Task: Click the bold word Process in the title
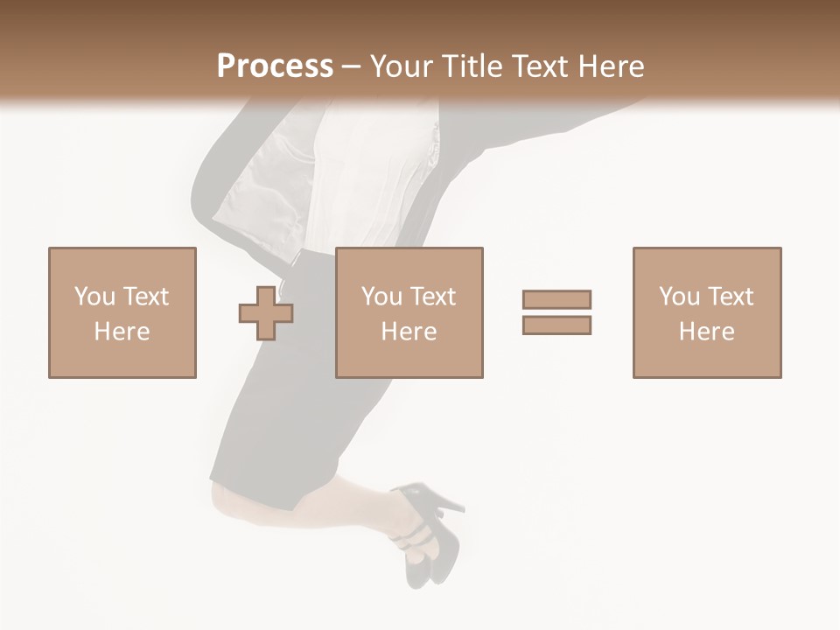[275, 66]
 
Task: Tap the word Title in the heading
[471, 66]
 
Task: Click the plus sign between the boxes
[266, 312]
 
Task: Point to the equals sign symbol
[556, 312]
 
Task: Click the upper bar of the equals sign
[556, 300]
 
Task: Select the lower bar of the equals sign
[556, 325]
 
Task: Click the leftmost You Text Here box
[122, 312]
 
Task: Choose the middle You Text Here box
[409, 312]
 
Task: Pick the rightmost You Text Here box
[706, 312]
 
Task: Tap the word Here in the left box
[122, 332]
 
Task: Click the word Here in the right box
[706, 332]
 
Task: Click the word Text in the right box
[730, 297]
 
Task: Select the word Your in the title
[402, 66]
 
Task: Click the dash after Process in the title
[351, 67]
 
